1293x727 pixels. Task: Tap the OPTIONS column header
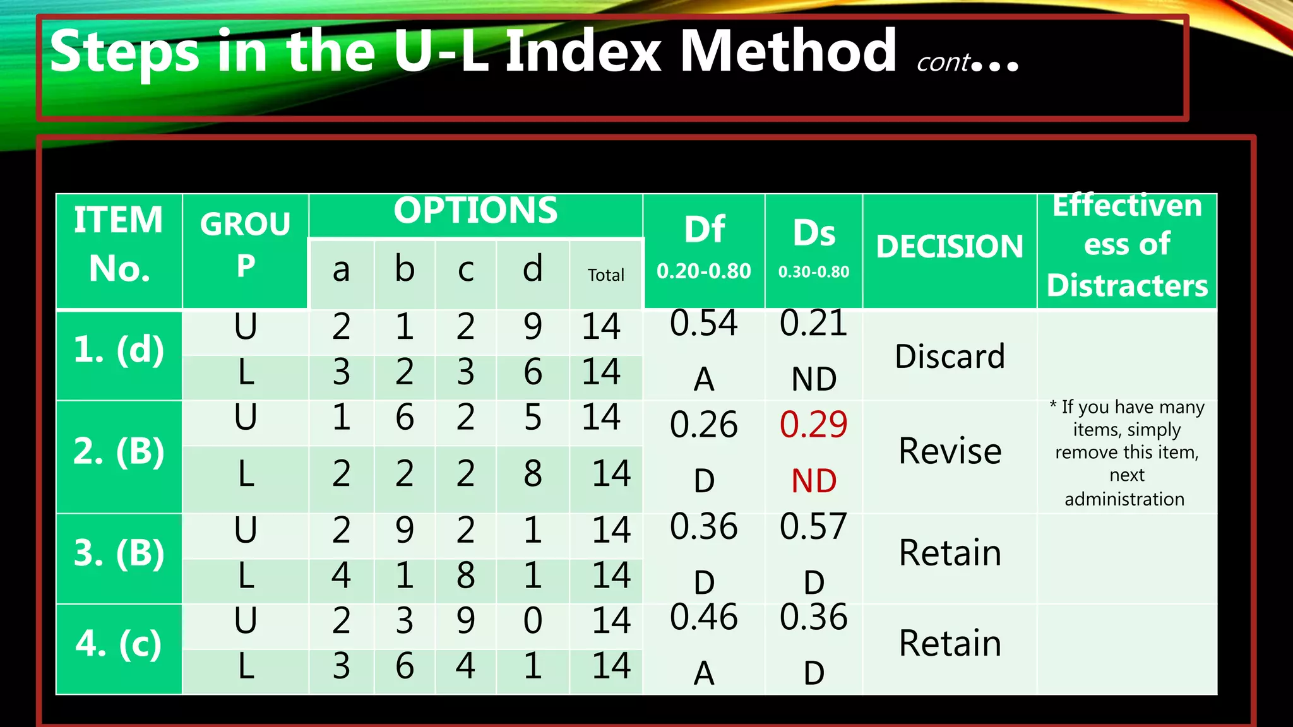tap(475, 211)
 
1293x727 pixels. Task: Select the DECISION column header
tap(950, 246)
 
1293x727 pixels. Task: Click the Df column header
tap(704, 230)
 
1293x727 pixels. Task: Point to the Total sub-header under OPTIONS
tap(605, 275)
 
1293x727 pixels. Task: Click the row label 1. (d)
tap(119, 350)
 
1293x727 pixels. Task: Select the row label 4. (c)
tap(119, 644)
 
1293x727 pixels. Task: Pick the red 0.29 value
tap(813, 424)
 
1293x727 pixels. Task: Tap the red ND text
tap(814, 481)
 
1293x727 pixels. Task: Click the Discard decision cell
tap(950, 357)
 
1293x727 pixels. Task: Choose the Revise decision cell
tap(950, 451)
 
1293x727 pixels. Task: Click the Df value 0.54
tap(703, 323)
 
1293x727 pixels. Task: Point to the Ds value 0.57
tap(813, 526)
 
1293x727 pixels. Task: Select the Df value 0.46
tap(703, 617)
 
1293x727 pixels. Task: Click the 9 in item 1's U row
tap(532, 327)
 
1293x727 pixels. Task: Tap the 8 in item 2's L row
tap(532, 473)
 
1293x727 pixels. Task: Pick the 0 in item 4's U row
tap(532, 620)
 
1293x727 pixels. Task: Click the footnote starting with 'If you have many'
tap(1127, 452)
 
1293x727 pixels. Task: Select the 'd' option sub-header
tap(532, 269)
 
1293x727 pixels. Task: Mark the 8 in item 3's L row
tap(465, 576)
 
